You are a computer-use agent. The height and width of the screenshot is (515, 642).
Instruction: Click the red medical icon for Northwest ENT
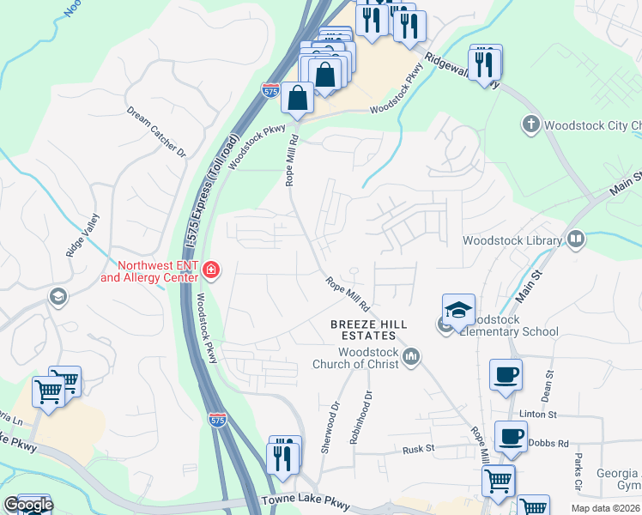[x=211, y=272]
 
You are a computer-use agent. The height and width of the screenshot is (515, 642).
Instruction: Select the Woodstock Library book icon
[x=575, y=240]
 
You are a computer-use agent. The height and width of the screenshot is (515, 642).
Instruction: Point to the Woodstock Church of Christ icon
[x=411, y=355]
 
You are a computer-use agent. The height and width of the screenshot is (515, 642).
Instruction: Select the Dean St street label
[x=546, y=391]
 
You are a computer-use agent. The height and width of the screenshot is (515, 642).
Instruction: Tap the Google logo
[x=28, y=505]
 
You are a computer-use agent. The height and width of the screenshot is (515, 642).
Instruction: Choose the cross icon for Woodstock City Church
[x=530, y=125]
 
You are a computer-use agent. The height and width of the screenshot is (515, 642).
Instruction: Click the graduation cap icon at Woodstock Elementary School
[x=459, y=309]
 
